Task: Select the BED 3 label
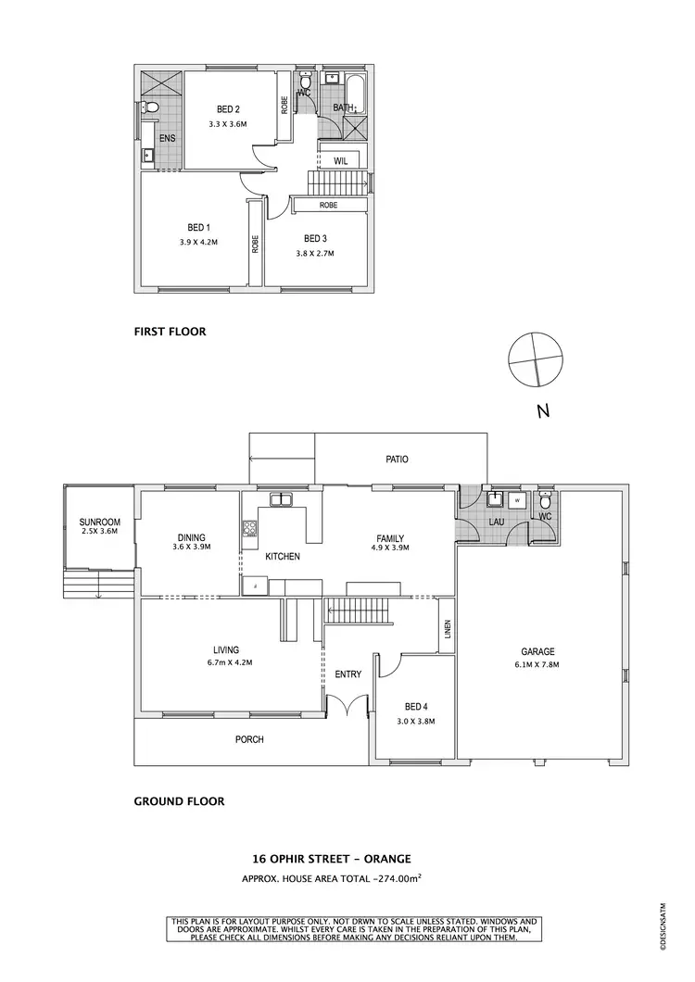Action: pyautogui.click(x=316, y=238)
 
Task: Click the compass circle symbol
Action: pyautogui.click(x=536, y=359)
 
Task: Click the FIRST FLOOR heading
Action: pyautogui.click(x=170, y=331)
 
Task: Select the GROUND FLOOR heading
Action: pyautogui.click(x=179, y=801)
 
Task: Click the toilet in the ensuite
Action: pyautogui.click(x=153, y=110)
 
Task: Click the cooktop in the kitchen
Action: pyautogui.click(x=249, y=530)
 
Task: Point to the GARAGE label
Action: pyautogui.click(x=537, y=651)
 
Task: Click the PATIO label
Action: pyautogui.click(x=397, y=459)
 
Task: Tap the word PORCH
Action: pyautogui.click(x=249, y=739)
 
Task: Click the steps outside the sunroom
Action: pyautogui.click(x=82, y=585)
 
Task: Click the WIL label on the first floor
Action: pyautogui.click(x=340, y=160)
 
